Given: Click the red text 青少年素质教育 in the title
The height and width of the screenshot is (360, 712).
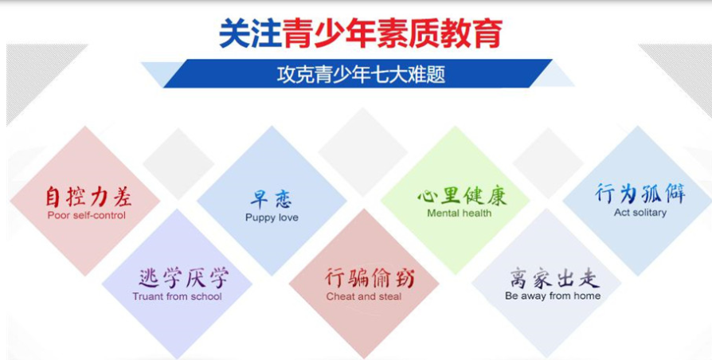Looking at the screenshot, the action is pyautogui.click(x=393, y=34).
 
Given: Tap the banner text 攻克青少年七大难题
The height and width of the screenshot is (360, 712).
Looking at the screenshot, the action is pyautogui.click(x=361, y=74).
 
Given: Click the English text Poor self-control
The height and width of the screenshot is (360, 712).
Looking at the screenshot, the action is pyautogui.click(x=86, y=215).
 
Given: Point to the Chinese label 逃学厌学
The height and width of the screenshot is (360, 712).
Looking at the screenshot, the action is pyautogui.click(x=183, y=277).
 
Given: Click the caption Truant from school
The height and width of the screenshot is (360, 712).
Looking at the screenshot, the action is pyautogui.click(x=177, y=296).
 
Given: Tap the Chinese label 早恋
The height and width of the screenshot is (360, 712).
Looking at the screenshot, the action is pyautogui.click(x=272, y=199).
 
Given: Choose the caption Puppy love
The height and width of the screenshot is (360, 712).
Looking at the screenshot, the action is pyautogui.click(x=272, y=218).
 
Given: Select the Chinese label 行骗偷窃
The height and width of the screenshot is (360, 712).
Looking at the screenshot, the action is pyautogui.click(x=370, y=277).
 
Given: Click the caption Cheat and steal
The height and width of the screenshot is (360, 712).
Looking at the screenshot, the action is pyautogui.click(x=364, y=297).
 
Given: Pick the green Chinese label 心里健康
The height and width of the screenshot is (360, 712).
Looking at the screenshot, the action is pyautogui.click(x=462, y=196).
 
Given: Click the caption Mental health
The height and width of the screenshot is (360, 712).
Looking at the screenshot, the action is pyautogui.click(x=459, y=213).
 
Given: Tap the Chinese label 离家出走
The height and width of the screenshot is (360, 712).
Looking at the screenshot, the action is pyautogui.click(x=554, y=277).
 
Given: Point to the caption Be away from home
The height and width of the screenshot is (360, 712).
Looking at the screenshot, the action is pyautogui.click(x=553, y=296).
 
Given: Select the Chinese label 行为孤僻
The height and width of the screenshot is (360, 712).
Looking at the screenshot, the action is pyautogui.click(x=640, y=194).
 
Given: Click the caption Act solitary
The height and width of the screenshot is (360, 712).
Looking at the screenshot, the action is pyautogui.click(x=640, y=213).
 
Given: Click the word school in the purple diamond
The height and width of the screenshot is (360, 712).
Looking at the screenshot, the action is pyautogui.click(x=206, y=296).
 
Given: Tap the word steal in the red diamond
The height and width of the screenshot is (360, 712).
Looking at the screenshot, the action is pyautogui.click(x=389, y=297).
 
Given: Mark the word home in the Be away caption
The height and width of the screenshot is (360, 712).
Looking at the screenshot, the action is pyautogui.click(x=587, y=296).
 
